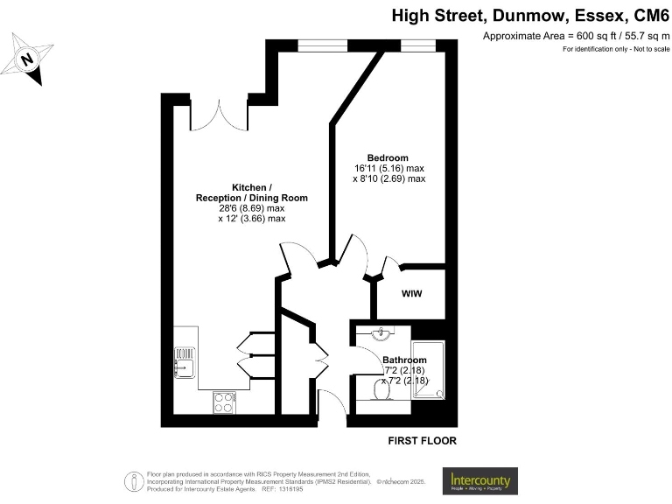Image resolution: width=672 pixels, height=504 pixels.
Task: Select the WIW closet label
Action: coord(411,293)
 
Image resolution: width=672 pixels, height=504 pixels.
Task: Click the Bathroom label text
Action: coord(404,360)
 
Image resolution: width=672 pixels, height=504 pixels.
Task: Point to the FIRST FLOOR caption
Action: coord(422,441)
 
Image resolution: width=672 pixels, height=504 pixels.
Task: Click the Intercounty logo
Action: coord(480,480)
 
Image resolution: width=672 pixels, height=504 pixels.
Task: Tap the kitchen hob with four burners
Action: coord(224,402)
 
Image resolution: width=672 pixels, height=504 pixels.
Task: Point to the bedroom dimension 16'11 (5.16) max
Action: coord(389,168)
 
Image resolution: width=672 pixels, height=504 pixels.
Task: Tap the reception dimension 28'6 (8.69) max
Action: coord(251,208)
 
